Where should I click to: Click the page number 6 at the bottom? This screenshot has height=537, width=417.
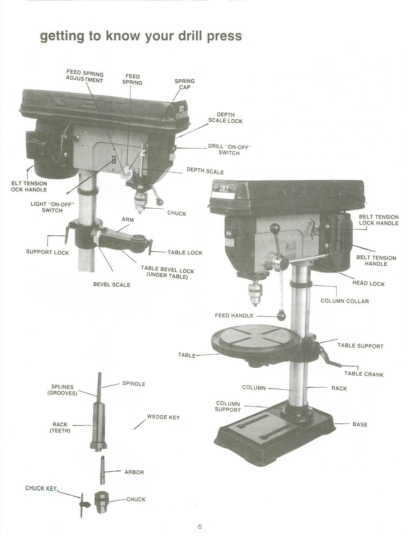200,527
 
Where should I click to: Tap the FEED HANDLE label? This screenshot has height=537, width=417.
234,315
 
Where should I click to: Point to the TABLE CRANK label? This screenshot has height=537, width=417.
364,374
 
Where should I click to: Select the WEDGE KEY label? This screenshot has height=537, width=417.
163,417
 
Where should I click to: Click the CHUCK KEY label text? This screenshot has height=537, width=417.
41,488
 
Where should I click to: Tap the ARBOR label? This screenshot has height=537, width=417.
134,472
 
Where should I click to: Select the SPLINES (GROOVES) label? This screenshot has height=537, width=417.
62,390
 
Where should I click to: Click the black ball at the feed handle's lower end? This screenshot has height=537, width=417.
281,316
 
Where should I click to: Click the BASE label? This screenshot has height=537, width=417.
360,424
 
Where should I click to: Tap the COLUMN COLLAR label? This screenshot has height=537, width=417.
345,301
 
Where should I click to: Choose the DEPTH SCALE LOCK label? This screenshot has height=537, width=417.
225,118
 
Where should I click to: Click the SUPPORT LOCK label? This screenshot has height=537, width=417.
47,252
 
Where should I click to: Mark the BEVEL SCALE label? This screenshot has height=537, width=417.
112,284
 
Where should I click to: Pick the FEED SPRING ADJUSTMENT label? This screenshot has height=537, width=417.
85,77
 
